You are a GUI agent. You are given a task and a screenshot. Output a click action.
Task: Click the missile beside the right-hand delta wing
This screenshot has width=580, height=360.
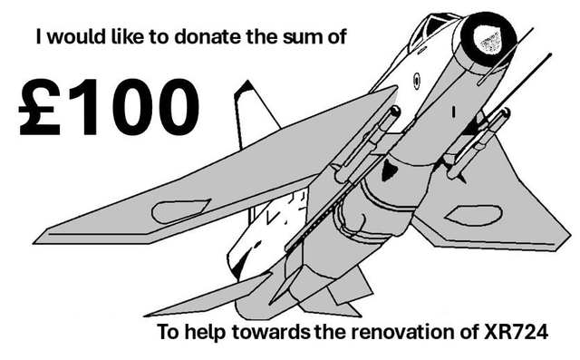pos(474,145)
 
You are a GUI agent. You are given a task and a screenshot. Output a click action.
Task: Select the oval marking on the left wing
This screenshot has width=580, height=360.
pos(180,212)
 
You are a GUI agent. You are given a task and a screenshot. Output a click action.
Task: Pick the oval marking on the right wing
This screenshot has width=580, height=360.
pos(476,215)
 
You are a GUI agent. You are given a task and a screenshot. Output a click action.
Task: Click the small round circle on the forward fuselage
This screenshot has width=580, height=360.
pos(420,78)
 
